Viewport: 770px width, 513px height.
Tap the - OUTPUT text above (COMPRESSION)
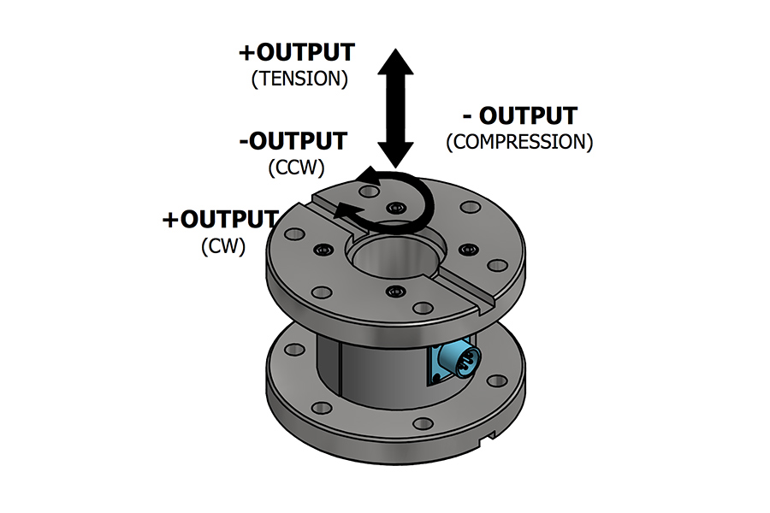coord(520,115)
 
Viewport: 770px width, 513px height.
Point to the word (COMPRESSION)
coord(519,141)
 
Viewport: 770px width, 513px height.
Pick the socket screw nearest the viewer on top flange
coord(393,292)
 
